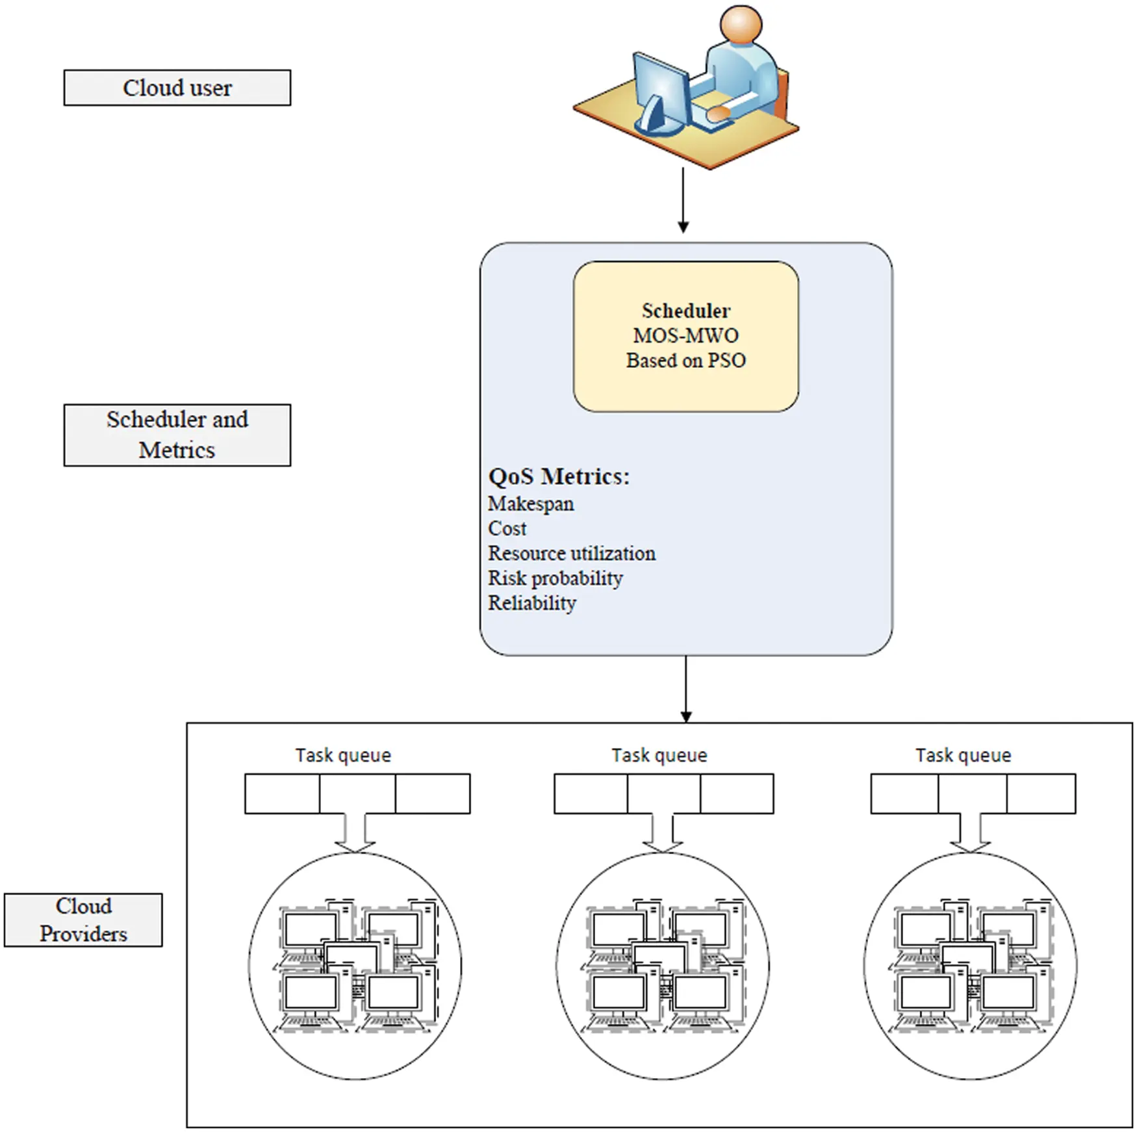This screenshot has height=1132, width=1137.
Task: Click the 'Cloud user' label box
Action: click(177, 88)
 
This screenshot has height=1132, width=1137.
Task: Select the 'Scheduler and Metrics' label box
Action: click(177, 435)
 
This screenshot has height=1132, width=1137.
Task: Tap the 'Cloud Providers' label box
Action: click(83, 920)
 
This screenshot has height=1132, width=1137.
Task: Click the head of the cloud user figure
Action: click(741, 26)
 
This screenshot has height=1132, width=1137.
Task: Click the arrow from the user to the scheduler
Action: click(683, 198)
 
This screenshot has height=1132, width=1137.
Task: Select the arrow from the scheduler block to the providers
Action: click(685, 688)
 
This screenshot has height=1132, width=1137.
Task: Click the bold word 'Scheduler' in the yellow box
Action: click(685, 311)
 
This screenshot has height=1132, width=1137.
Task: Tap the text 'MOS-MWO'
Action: click(685, 335)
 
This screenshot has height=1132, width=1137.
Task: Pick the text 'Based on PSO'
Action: click(685, 360)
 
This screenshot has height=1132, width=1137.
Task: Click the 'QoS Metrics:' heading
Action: click(559, 476)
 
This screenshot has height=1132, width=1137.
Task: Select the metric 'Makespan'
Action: click(531, 504)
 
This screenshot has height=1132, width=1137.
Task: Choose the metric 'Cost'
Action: click(507, 528)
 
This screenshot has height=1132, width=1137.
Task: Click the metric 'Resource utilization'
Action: click(571, 553)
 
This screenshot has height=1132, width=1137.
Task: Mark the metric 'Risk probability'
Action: click(555, 578)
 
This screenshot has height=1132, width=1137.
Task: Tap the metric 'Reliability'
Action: click(531, 602)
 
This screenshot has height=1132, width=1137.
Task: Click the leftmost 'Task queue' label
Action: click(343, 755)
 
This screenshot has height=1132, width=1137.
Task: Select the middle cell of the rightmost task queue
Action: click(972, 793)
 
